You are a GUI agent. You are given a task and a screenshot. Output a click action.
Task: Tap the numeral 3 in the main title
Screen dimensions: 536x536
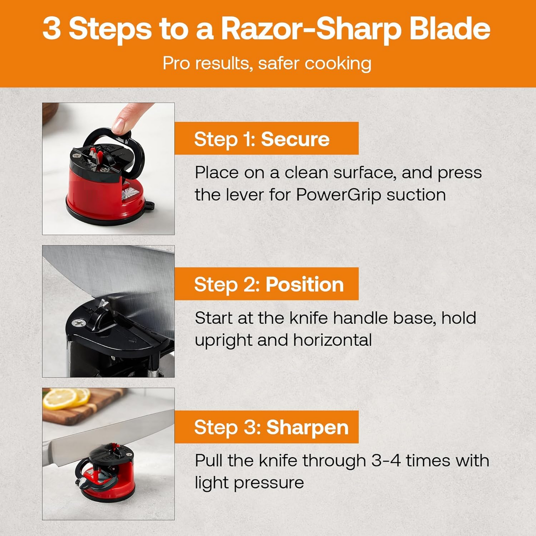pos(52,29)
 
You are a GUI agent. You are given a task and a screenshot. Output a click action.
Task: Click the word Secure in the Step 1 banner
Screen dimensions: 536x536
pos(295,139)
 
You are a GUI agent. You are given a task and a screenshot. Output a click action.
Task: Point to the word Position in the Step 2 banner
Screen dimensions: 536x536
pos(305,285)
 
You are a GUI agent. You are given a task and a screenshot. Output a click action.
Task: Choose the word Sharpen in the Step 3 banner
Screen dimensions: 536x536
pos(308,427)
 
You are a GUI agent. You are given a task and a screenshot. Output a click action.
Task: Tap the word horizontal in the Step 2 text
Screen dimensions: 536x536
pos(332,340)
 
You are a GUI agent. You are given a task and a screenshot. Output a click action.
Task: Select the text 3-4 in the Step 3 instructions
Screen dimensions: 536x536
pos(386,461)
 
